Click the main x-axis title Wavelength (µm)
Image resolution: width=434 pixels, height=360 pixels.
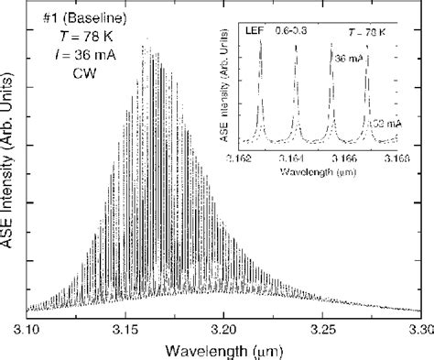click(x=224, y=348)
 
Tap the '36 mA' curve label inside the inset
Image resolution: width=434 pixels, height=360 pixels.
click(x=346, y=56)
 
